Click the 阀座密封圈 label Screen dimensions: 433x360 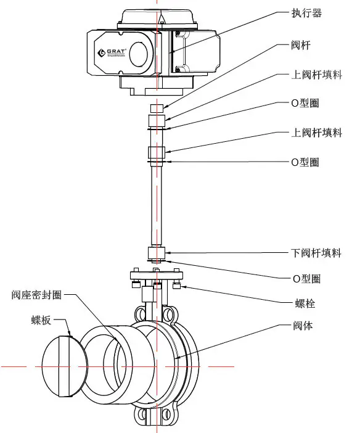(x=36, y=295)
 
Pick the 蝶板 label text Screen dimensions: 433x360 (x=41, y=320)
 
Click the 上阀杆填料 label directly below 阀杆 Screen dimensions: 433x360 (x=316, y=75)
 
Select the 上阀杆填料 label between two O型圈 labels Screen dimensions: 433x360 (x=316, y=133)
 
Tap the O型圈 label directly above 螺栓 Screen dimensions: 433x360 (x=305, y=279)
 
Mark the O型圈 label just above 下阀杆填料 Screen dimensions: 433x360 (x=305, y=162)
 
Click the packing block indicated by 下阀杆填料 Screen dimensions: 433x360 (x=157, y=252)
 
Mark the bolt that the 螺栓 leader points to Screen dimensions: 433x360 (x=177, y=285)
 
